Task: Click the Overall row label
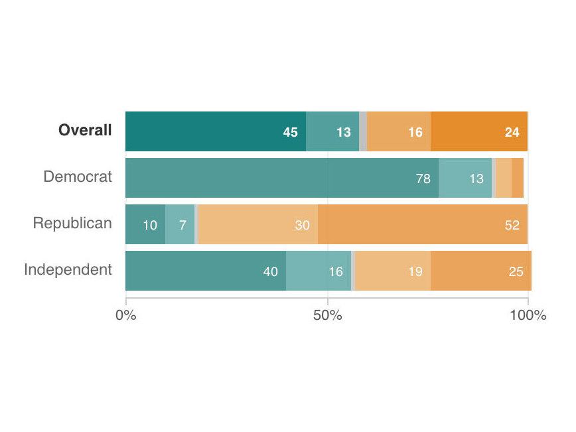[85, 131]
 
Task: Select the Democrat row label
[78, 177]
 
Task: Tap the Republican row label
[72, 224]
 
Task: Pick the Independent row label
[68, 270]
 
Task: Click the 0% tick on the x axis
[125, 315]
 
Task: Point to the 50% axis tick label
[328, 315]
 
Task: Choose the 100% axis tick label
[528, 315]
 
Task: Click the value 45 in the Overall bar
[290, 132]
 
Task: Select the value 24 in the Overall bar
[512, 132]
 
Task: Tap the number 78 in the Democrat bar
[423, 179]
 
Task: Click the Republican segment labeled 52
[423, 224]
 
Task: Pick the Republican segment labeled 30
[258, 224]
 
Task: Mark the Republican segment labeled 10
[145, 224]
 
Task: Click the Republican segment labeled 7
[180, 224]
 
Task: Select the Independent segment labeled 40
[206, 271]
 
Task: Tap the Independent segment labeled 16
[319, 271]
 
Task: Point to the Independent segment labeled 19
[393, 271]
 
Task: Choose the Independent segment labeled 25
[481, 271]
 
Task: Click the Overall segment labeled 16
[399, 132]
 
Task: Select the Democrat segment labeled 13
[465, 179]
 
